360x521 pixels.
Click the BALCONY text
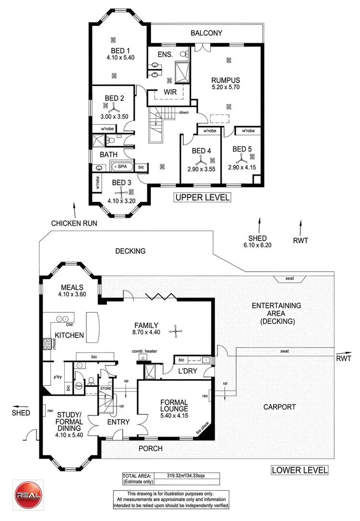(206, 33)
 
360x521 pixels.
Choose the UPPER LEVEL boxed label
(202, 197)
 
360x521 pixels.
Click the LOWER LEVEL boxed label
(300, 470)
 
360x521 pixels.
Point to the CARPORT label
(279, 407)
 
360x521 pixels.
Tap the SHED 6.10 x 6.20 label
(260, 241)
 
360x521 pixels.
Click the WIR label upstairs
(156, 91)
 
